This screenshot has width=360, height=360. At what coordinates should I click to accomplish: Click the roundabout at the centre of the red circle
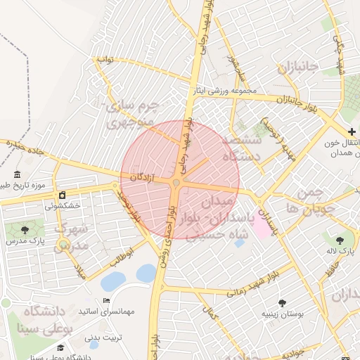point(179,182)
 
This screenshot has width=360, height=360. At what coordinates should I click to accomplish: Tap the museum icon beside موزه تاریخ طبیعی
point(17,174)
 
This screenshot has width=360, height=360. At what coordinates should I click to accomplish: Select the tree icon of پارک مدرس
point(25,230)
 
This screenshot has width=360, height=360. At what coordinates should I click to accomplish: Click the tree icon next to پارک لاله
point(340,240)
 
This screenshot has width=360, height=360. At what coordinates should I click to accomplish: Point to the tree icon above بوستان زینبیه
point(282,303)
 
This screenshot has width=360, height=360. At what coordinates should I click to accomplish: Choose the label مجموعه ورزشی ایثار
point(229,91)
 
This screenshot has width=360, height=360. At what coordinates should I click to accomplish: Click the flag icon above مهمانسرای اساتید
point(106,301)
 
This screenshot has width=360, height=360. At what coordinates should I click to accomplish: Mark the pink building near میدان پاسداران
point(262,226)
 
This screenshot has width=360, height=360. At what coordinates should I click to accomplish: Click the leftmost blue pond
point(112,282)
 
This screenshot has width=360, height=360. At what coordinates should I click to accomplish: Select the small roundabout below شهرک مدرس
point(64,245)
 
